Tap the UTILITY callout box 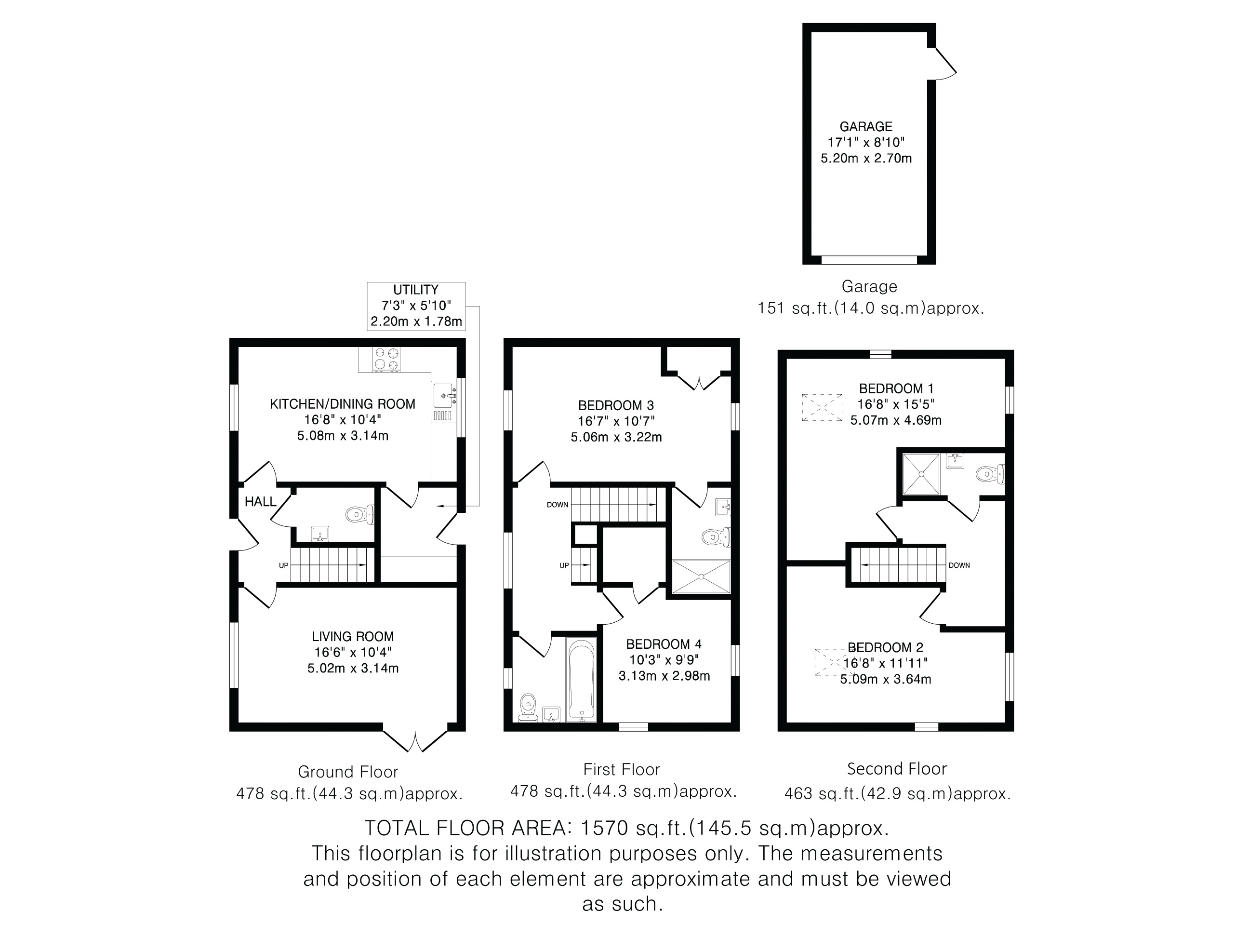coord(416,306)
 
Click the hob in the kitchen coord(387,359)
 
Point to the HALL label coord(260,502)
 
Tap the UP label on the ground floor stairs coord(283,565)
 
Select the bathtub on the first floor coord(581,680)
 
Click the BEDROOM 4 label coord(664,644)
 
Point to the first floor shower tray coord(701,576)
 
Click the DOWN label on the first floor coord(558,504)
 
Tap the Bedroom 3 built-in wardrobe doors coord(699,381)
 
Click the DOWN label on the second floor coord(959,565)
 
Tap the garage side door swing coord(943,63)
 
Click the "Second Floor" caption coord(897,769)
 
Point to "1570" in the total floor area coord(604,828)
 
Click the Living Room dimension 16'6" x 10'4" coord(353,652)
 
